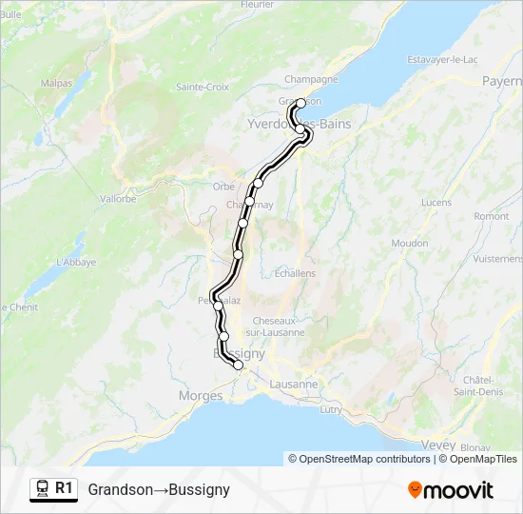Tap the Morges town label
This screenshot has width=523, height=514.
pos(201,396)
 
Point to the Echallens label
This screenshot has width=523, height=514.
pos(295,273)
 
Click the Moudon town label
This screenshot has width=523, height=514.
pos(410,244)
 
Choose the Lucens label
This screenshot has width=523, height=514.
pos(436,203)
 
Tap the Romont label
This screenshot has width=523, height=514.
pos(492,216)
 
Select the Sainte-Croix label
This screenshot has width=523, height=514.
pos(203,87)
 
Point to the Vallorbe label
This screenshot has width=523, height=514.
pos(117,199)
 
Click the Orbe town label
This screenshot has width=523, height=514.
pos(224,187)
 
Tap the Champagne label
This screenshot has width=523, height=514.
pos(312,80)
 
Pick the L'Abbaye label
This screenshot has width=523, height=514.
pos(76,262)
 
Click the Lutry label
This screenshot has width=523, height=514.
pos(331,409)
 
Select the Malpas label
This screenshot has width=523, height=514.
pos(56,84)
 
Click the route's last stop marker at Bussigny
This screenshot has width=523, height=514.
pos(238,365)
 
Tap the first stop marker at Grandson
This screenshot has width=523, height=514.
pos(301,103)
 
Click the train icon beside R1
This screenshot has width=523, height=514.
pos(42,489)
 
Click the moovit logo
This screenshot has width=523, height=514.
pos(451,490)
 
